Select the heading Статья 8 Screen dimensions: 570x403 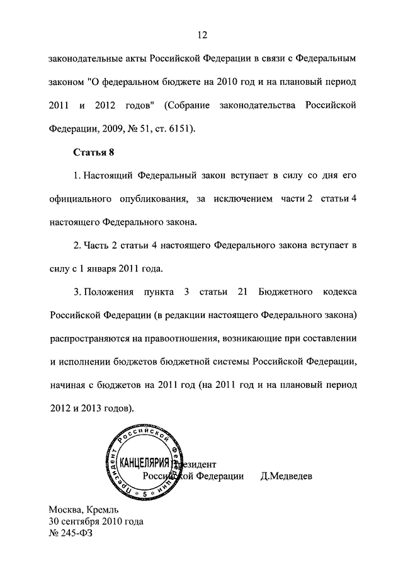pos(92,152)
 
